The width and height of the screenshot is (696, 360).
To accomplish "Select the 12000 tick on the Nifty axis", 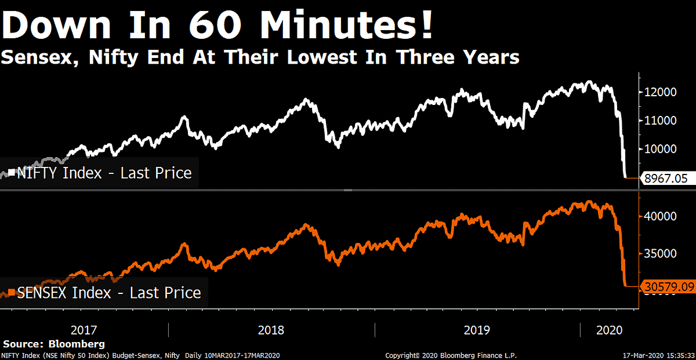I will [x=661, y=92].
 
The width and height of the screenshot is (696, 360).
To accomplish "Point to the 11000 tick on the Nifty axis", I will [x=661, y=121].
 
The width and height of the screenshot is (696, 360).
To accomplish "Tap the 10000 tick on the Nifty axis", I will [x=661, y=149].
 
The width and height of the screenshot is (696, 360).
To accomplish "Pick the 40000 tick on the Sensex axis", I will [x=661, y=216].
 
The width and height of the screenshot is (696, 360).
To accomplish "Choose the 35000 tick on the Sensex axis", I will [x=661, y=253].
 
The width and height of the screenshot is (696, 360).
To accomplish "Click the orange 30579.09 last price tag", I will [x=667, y=286].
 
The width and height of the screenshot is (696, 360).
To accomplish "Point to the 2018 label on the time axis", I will [x=271, y=330].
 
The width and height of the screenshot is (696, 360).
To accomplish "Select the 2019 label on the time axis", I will [x=477, y=330].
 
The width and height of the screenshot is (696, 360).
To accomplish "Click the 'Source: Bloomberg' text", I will [x=55, y=344].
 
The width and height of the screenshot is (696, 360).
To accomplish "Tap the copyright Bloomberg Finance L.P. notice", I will [x=451, y=355].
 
